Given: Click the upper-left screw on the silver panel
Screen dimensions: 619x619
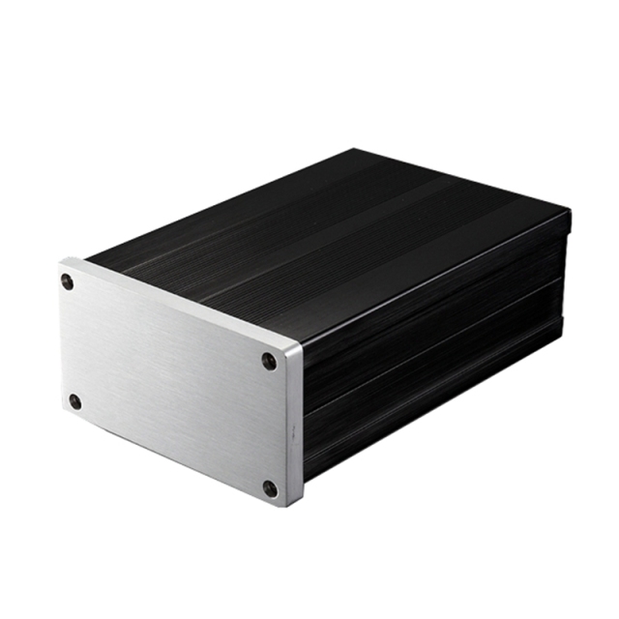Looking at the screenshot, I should click(x=67, y=281).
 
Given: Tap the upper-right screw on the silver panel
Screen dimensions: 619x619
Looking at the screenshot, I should click(x=269, y=361).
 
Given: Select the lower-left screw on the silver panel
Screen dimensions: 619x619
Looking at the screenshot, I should click(x=74, y=400).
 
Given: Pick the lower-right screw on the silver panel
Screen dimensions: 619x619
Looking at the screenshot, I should click(x=271, y=488).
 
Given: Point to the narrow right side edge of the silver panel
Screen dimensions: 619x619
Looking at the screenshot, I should click(x=295, y=426).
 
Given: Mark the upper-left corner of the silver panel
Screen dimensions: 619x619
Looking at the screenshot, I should click(x=62, y=262).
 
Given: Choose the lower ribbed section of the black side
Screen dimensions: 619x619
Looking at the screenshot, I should click(x=435, y=387).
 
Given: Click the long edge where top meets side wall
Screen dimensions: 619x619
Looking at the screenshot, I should click(x=435, y=276).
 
